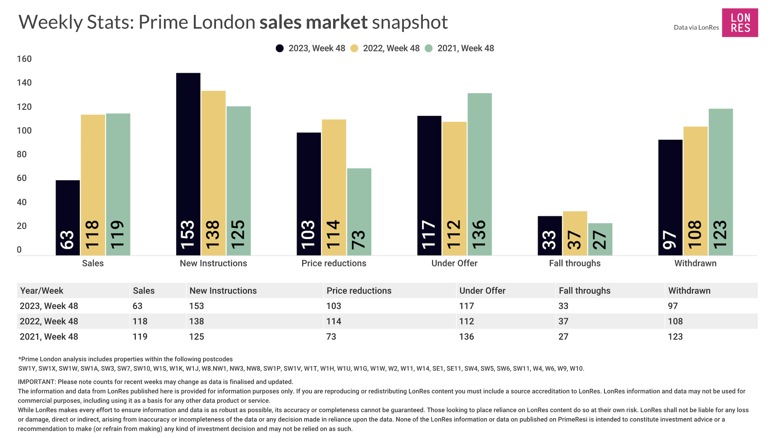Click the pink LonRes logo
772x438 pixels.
coord(740,23)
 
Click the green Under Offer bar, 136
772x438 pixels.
coord(479,174)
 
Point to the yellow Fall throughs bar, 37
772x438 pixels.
coord(575,233)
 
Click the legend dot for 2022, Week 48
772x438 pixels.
coord(354,48)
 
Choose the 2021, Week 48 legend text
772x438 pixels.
coord(465,48)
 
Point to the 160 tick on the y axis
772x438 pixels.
coord(24,59)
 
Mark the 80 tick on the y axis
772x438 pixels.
coord(22,154)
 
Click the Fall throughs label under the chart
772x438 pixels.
coord(574,263)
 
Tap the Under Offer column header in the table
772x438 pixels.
coord(482,291)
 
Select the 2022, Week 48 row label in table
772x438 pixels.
coord(49,321)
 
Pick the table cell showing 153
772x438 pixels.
coord(197,306)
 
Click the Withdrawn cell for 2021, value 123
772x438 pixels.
coord(675,337)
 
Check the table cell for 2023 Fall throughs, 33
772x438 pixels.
coord(563,306)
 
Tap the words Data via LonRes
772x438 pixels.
coord(696,28)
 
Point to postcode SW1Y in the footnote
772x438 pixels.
coord(27,368)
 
